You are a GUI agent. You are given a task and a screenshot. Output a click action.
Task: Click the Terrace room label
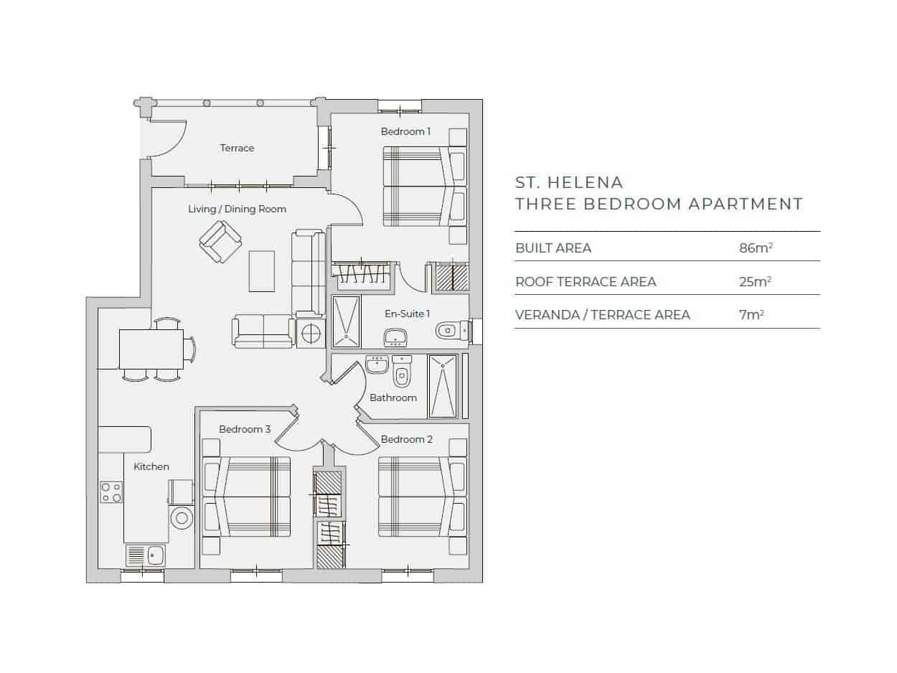click(x=237, y=148)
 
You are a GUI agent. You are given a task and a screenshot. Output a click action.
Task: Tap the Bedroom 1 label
click(x=405, y=131)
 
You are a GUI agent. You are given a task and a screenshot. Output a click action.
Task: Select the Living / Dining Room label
click(x=237, y=209)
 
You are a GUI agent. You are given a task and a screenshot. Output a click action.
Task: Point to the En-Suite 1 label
click(x=408, y=314)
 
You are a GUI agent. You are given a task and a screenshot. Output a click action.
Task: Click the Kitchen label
click(x=151, y=466)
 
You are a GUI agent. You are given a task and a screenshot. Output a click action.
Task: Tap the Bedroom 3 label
click(x=245, y=429)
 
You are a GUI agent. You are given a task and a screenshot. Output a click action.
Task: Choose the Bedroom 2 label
click(x=407, y=439)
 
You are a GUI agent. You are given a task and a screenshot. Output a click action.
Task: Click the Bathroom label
click(x=393, y=397)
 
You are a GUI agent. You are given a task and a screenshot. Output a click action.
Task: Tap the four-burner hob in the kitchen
click(x=111, y=492)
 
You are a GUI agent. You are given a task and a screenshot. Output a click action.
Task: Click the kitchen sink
click(x=145, y=555)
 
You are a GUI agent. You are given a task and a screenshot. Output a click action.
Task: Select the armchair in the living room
click(x=220, y=241)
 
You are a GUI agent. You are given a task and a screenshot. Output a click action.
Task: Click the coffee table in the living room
click(x=262, y=270)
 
